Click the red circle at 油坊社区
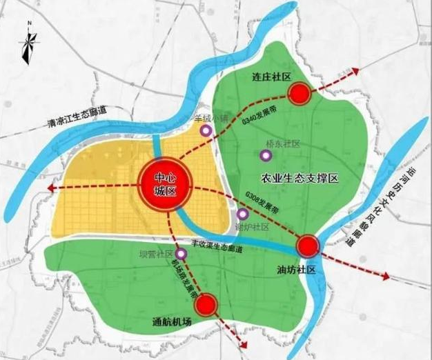tap(308, 246)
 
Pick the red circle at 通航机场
tap(209, 303)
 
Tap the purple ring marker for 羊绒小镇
tap(205, 130)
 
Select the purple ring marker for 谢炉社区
tap(242, 213)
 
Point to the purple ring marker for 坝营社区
tap(181, 254)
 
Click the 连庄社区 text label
tap(266, 80)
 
